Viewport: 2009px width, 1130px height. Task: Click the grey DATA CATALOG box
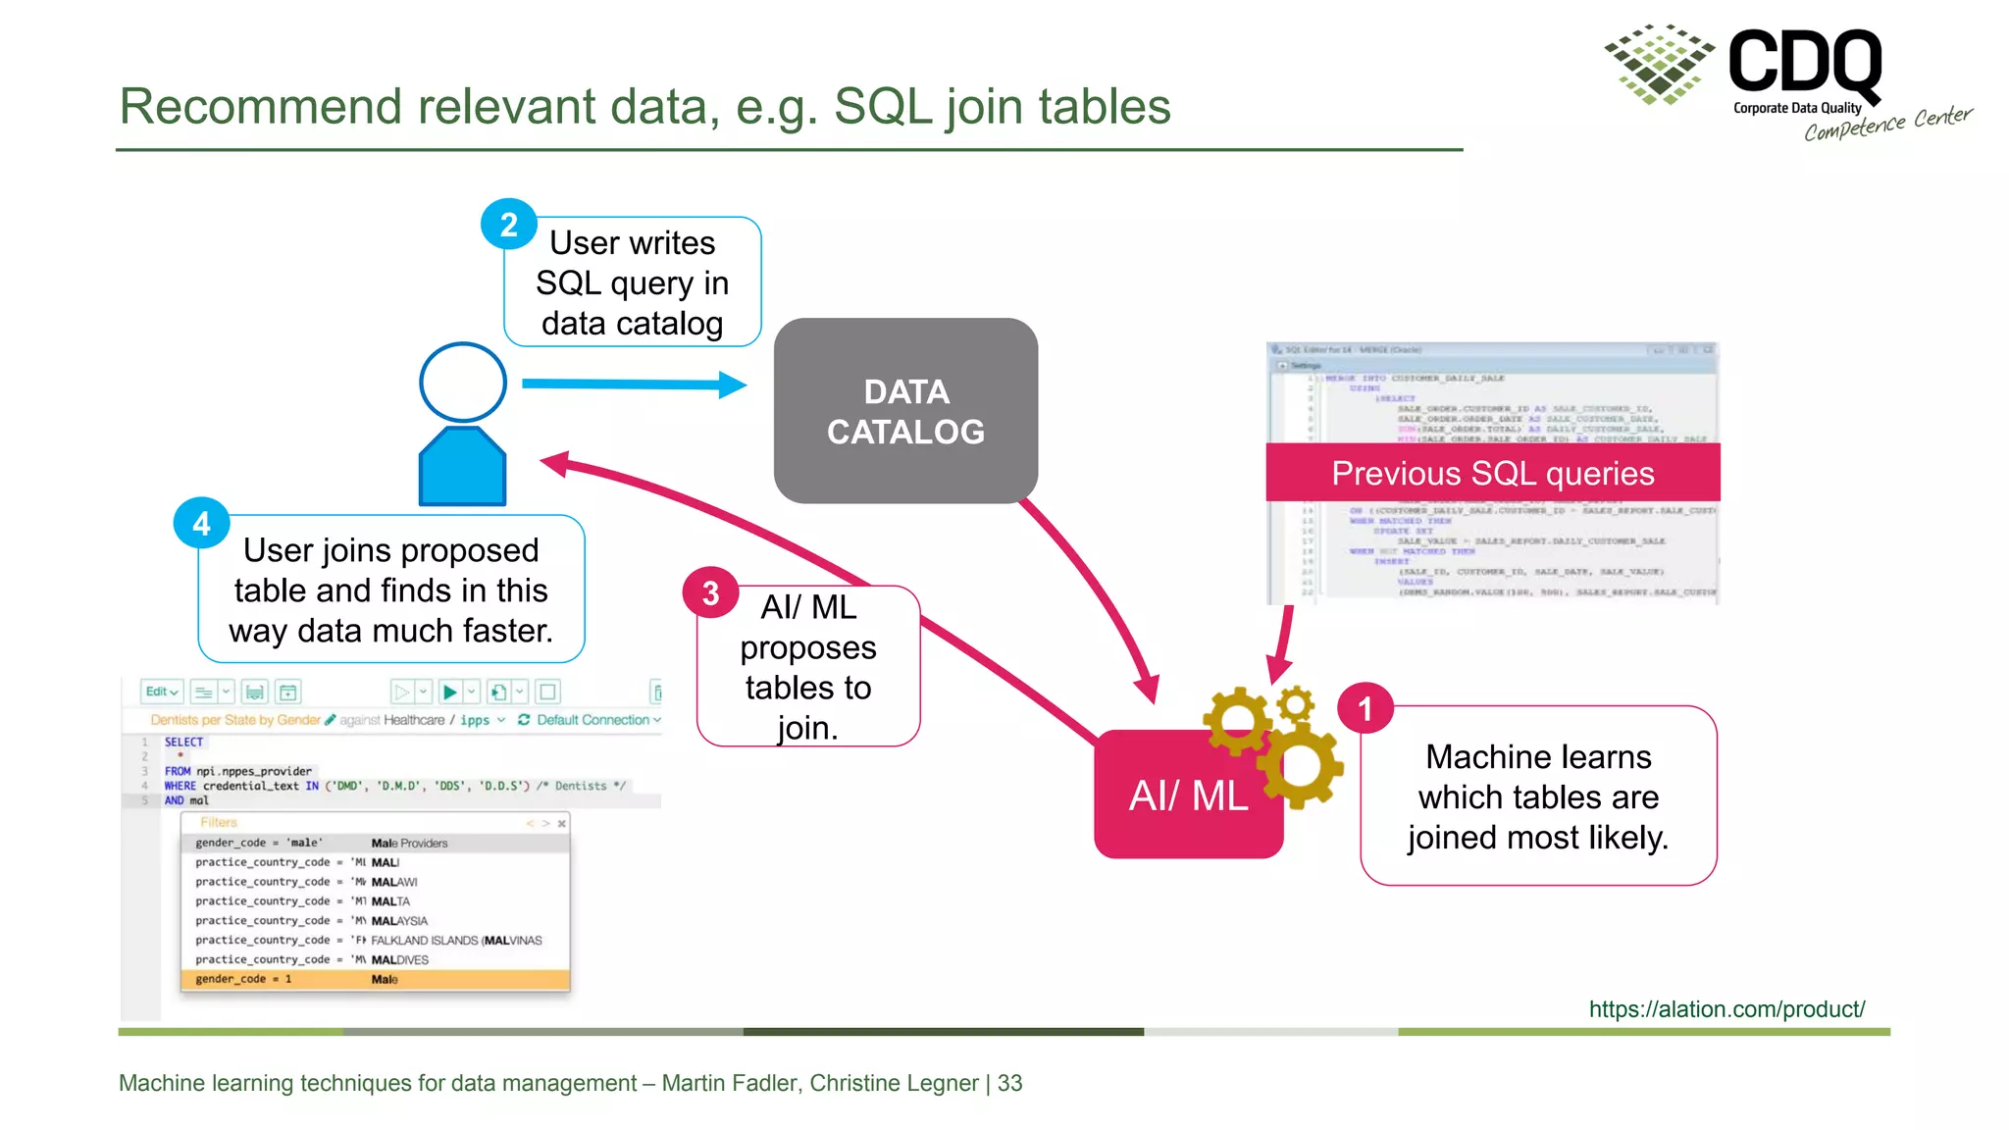pyautogui.click(x=905, y=411)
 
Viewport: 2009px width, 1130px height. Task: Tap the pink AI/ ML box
pyautogui.click(x=1188, y=796)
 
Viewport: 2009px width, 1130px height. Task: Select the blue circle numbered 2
pyautogui.click(x=508, y=225)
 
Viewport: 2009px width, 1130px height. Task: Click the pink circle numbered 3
pyautogui.click(x=710, y=592)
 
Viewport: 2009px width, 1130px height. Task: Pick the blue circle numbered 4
pyautogui.click(x=201, y=524)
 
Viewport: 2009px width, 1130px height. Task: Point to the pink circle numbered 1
pyautogui.click(x=1365, y=709)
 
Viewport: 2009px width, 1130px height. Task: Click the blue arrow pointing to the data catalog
pyautogui.click(x=633, y=385)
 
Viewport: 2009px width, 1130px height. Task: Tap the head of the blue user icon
pyautogui.click(x=463, y=382)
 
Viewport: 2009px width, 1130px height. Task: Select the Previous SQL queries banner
pyautogui.click(x=1492, y=473)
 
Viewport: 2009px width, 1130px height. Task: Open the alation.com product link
pyautogui.click(x=1726, y=1009)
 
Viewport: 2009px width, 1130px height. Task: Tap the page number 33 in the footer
pyautogui.click(x=1010, y=1083)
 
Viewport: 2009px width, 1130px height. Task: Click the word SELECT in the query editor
pyautogui.click(x=183, y=743)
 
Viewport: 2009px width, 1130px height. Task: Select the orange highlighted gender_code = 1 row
pyautogui.click(x=375, y=979)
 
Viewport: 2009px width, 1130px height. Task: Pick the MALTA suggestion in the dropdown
pyautogui.click(x=390, y=901)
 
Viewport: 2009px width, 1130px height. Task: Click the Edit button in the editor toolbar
pyautogui.click(x=161, y=692)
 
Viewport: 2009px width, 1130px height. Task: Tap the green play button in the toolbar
pyautogui.click(x=449, y=693)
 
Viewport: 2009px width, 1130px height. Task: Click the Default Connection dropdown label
pyautogui.click(x=592, y=720)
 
